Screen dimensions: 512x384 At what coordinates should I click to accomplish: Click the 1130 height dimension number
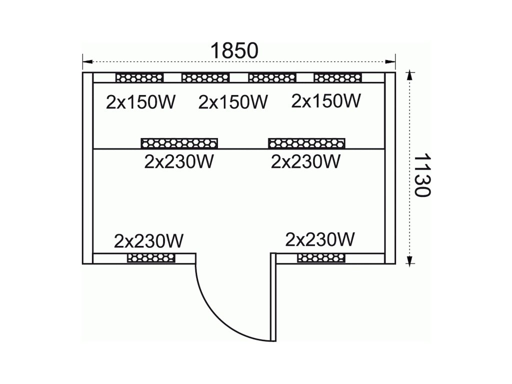(x=422, y=175)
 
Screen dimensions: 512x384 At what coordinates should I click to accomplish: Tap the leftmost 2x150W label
(x=140, y=102)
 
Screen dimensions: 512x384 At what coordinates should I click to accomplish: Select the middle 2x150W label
(x=233, y=102)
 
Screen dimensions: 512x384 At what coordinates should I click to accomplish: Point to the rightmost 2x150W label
(x=325, y=101)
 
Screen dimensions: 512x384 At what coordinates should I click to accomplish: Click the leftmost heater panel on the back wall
(x=139, y=77)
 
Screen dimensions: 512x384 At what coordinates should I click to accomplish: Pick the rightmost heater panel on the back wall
(x=337, y=77)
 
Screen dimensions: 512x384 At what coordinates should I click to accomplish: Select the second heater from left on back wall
(x=205, y=77)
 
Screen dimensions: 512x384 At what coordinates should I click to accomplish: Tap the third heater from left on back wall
(x=272, y=77)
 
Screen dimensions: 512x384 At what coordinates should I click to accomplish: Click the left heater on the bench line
(x=179, y=143)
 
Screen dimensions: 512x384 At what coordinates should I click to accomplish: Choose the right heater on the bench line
(x=306, y=143)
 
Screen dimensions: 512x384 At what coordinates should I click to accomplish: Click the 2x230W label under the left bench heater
(x=178, y=162)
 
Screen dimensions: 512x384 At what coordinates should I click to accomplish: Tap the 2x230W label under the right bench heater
(x=305, y=161)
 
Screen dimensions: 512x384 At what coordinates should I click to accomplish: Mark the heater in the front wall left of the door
(x=151, y=258)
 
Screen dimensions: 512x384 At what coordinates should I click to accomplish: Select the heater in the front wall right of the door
(x=321, y=257)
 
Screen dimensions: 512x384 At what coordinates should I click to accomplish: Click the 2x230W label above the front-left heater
(x=149, y=241)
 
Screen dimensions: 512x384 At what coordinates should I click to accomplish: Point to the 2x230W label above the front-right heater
(x=320, y=239)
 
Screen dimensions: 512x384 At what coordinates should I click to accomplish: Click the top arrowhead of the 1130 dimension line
(x=410, y=75)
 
